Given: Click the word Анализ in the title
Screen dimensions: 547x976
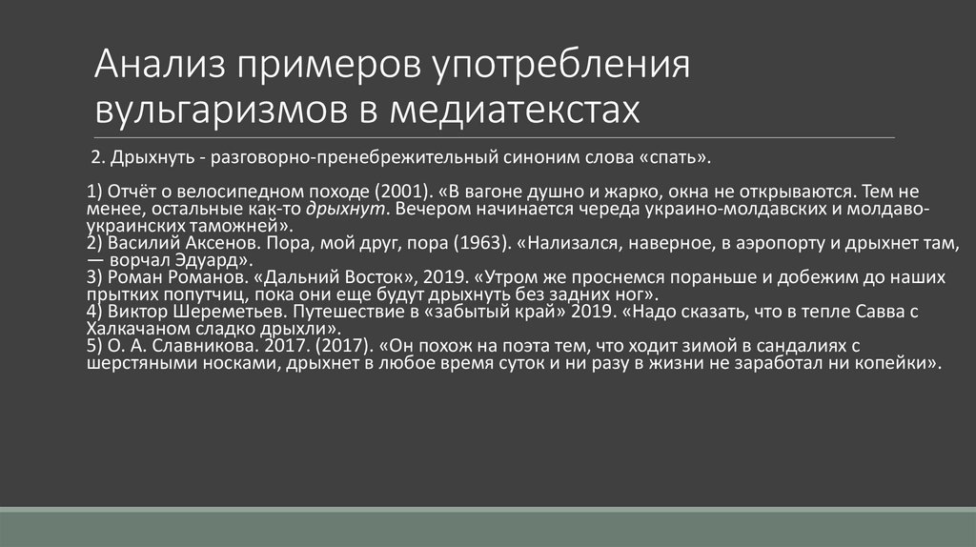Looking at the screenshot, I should (x=159, y=69).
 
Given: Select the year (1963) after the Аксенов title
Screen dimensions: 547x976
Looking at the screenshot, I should (x=480, y=243).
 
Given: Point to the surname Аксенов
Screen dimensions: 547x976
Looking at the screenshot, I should (x=222, y=243).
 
